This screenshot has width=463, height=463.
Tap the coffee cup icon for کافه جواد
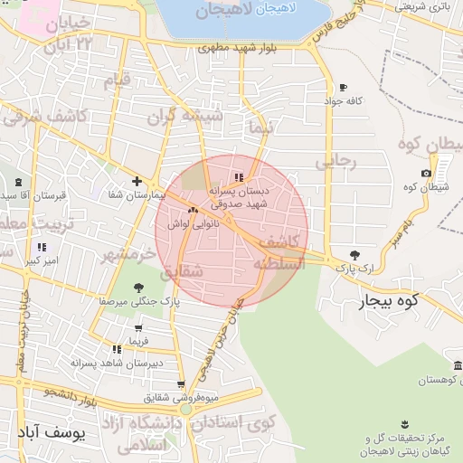pyautogui.click(x=343, y=88)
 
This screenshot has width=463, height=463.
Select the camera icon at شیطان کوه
pyautogui.click(x=427, y=173)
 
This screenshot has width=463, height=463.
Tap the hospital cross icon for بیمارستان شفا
pyautogui.click(x=137, y=181)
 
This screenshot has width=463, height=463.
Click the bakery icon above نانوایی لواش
pyautogui.click(x=193, y=211)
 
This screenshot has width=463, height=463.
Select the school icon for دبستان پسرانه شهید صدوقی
pyautogui.click(x=239, y=178)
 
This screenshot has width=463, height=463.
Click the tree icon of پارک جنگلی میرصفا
pyautogui.click(x=138, y=288)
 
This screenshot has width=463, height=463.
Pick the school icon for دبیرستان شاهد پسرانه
pyautogui.click(x=117, y=349)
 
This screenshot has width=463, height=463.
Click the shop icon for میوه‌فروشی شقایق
pyautogui.click(x=181, y=384)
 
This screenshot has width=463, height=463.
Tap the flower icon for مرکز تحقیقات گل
pyautogui.click(x=403, y=425)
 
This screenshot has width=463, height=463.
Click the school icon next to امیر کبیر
pyautogui.click(x=42, y=247)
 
